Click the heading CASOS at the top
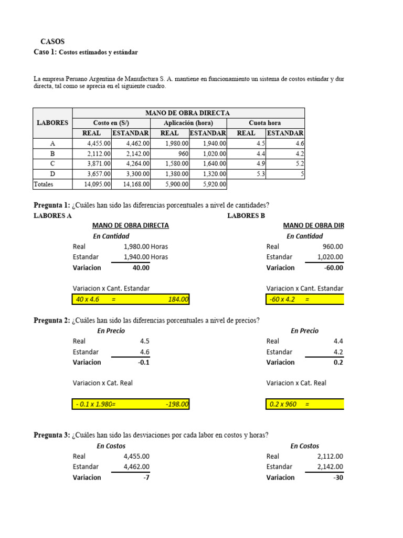52,42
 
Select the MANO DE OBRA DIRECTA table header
187,113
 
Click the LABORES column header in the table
52,123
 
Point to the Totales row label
44,184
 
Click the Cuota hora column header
265,123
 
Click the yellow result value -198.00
176,404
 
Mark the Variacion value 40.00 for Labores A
141,267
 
